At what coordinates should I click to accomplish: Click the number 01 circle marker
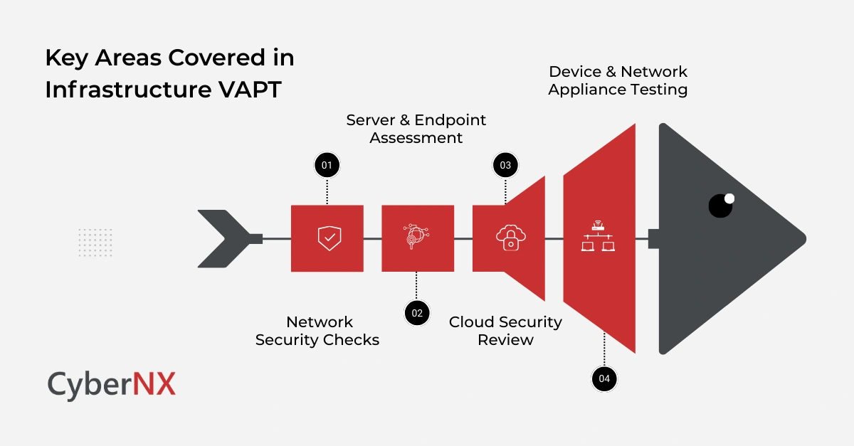point(327,165)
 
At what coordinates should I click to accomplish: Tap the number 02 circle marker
point(417,312)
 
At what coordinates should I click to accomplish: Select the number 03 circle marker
point(505,165)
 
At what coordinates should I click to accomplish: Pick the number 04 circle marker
point(604,378)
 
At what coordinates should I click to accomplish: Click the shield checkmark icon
point(327,238)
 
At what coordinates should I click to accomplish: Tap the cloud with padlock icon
point(508,238)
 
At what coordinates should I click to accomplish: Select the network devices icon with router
point(598,236)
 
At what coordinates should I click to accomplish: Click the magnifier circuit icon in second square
point(417,238)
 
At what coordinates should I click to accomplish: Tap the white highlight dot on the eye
point(729,198)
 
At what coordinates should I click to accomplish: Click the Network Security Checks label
point(317,331)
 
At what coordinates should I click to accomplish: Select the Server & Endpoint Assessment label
point(416,129)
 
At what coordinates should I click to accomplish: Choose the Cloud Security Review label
point(505,331)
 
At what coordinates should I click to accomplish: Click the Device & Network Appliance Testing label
point(618,80)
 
